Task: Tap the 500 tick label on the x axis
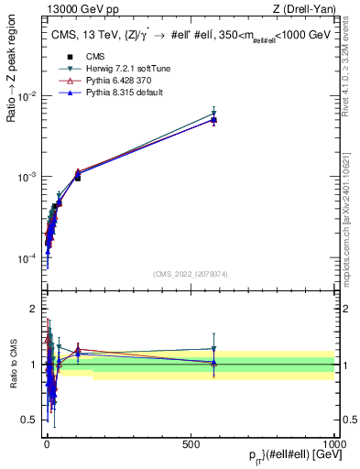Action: (191, 444)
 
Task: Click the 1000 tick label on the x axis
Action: (335, 444)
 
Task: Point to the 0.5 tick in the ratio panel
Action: (29, 420)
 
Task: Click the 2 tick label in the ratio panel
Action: (33, 309)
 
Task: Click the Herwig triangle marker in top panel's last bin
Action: (213, 114)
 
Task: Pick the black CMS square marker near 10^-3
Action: (78, 177)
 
